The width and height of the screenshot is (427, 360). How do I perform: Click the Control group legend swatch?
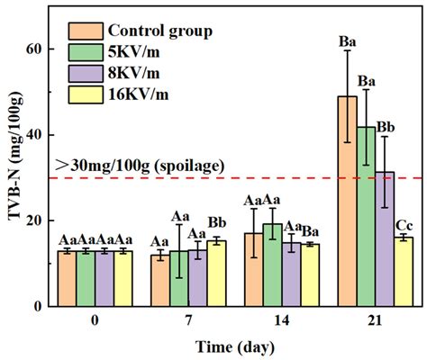coord(83,32)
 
